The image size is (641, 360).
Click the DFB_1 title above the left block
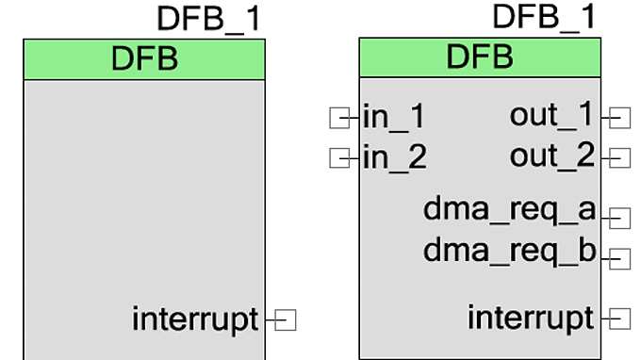point(209,19)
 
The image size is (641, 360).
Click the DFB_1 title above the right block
point(544,16)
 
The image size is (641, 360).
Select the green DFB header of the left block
point(144,59)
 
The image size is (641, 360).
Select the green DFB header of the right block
point(480,57)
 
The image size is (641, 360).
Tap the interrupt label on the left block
point(195,319)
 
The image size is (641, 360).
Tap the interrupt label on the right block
point(531,319)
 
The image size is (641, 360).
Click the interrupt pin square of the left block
point(287,320)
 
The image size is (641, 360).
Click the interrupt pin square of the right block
point(620,319)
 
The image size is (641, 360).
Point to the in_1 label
point(394,118)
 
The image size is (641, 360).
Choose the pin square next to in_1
point(338,118)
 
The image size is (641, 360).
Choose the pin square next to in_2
point(338,157)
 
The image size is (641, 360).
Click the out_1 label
point(552,116)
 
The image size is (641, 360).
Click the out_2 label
point(552,155)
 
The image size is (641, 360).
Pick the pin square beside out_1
point(620,118)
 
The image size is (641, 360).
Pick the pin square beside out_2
point(620,157)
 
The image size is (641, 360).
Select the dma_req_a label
point(509,210)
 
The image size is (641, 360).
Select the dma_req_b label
point(509,250)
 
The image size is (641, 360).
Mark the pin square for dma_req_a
point(620,219)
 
